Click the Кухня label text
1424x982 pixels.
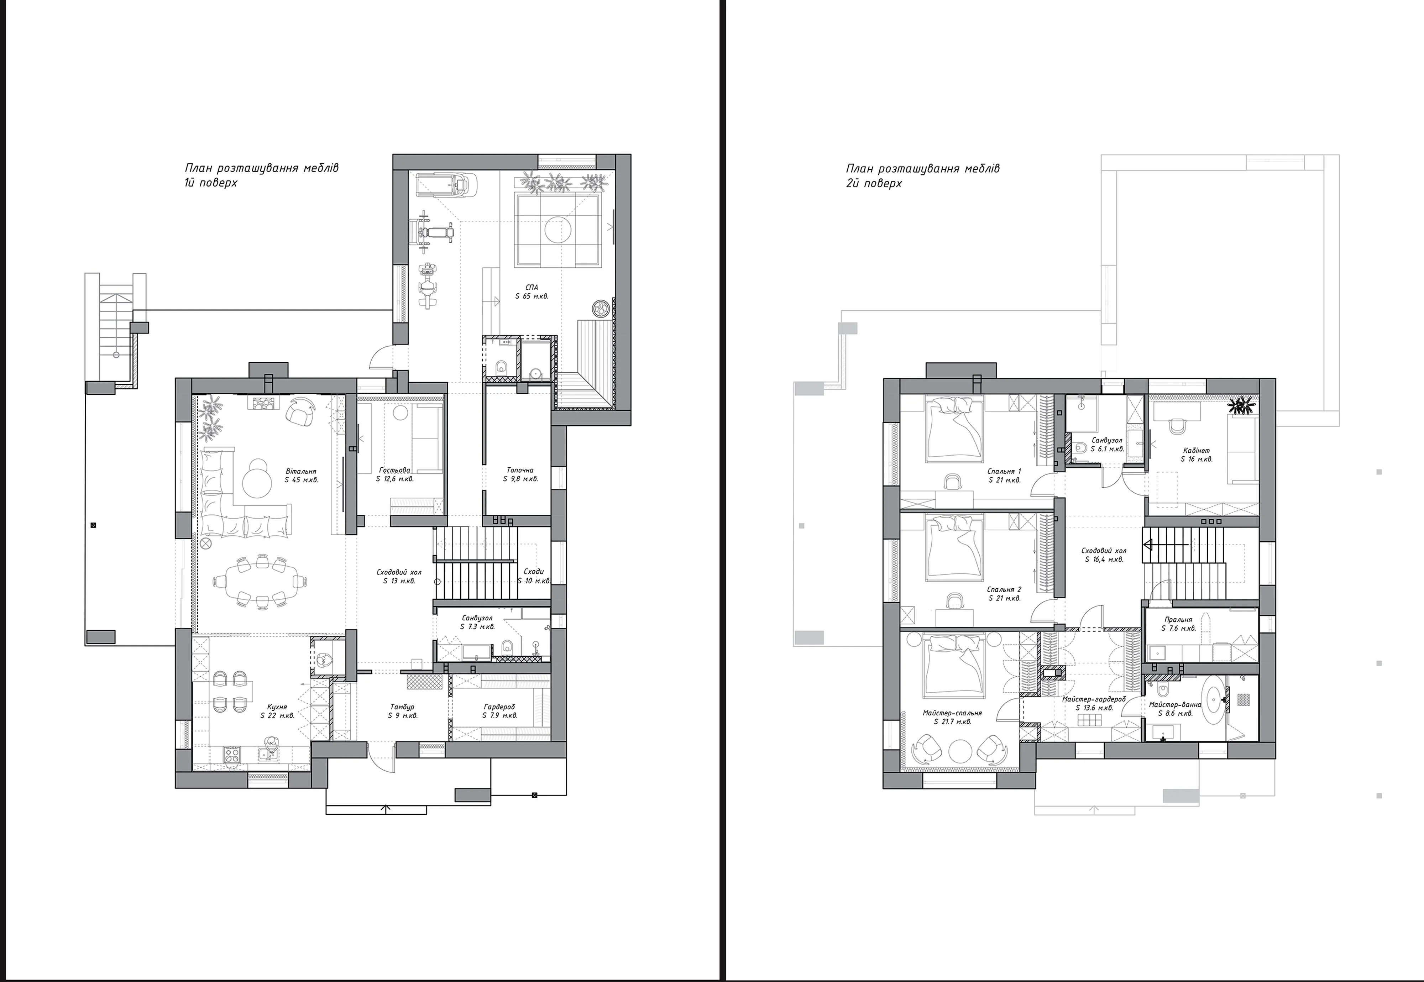[277, 707]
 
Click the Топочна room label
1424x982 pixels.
[520, 470]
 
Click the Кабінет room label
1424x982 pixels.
[1196, 450]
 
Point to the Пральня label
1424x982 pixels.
[1178, 620]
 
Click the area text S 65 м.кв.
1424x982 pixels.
[532, 296]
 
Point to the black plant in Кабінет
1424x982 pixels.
[1241, 406]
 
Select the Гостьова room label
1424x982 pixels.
[394, 470]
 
